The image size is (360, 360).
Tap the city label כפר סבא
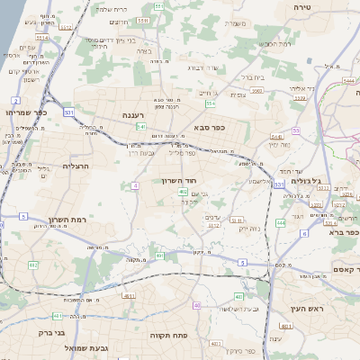[209, 128]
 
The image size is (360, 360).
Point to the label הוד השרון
[179, 181]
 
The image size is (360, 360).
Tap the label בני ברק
[53, 333]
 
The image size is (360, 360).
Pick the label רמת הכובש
[273, 43]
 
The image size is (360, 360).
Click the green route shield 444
[281, 222]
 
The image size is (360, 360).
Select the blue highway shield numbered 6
[304, 233]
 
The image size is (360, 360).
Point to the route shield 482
[33, 265]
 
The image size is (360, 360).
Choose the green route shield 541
[130, 128]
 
